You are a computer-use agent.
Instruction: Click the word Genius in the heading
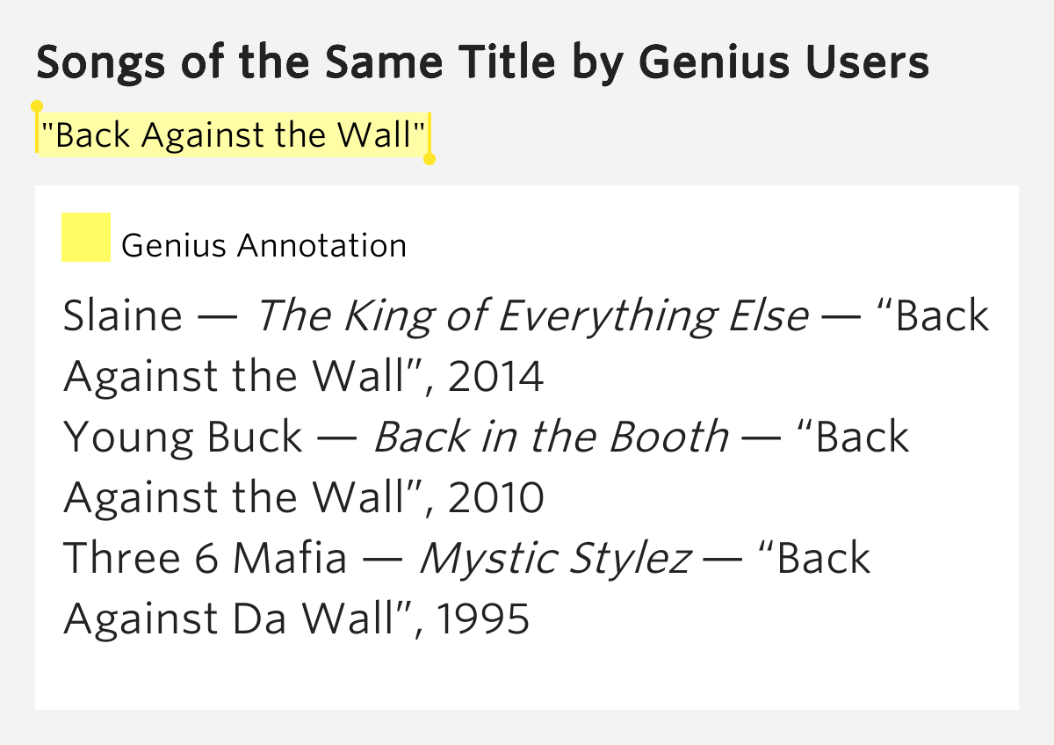pyautogui.click(x=705, y=63)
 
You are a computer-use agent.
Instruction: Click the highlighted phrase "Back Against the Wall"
pyautogui.click(x=234, y=135)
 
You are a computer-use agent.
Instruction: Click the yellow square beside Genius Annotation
pyautogui.click(x=86, y=237)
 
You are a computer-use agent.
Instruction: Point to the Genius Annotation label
pyautogui.click(x=263, y=245)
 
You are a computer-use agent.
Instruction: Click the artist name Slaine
pyautogui.click(x=123, y=316)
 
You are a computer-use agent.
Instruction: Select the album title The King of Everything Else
pyautogui.click(x=532, y=316)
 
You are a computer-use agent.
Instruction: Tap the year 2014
pyautogui.click(x=495, y=377)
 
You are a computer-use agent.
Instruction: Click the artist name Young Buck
pyautogui.click(x=183, y=438)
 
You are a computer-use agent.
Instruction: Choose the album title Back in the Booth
pyautogui.click(x=551, y=438)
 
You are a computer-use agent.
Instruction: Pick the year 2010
pyautogui.click(x=495, y=498)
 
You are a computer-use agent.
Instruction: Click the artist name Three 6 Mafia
pyautogui.click(x=206, y=559)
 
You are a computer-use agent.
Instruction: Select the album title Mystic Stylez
pyautogui.click(x=554, y=559)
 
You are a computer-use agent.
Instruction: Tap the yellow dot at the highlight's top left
pyautogui.click(x=37, y=106)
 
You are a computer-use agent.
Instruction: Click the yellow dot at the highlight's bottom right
pyautogui.click(x=430, y=159)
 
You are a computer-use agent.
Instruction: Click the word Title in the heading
pyautogui.click(x=494, y=63)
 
